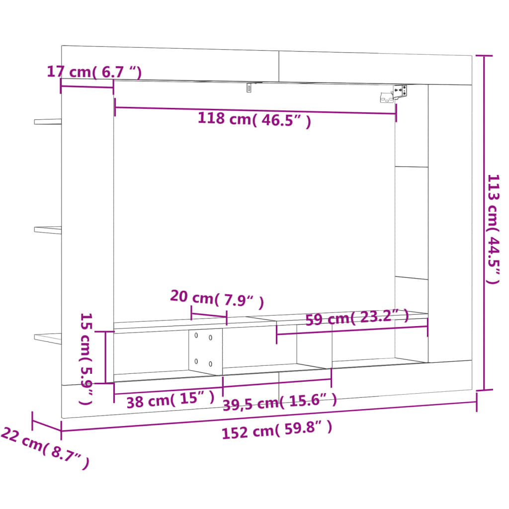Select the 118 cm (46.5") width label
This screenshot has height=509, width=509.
[x=254, y=120]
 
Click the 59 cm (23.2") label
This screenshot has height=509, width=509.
[x=356, y=318]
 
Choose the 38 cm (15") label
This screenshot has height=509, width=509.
[x=170, y=399]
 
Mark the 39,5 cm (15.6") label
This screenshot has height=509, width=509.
[x=279, y=402]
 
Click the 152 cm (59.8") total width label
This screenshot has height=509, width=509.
[x=277, y=430]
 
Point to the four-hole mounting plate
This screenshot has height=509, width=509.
[x=205, y=350]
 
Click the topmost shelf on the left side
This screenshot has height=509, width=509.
[x=48, y=121]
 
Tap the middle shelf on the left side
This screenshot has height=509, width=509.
[x=48, y=230]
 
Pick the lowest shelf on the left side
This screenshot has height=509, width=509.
[x=48, y=338]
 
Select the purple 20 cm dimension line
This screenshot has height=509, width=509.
[x=209, y=316]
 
